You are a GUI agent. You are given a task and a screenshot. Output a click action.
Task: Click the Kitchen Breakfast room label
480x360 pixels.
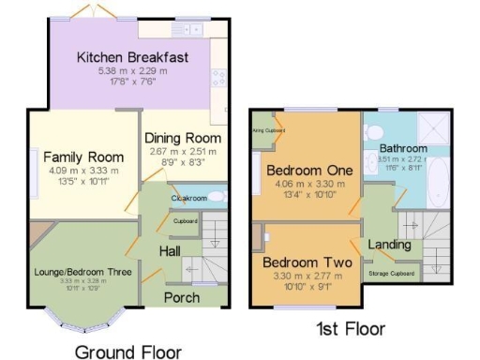(132, 58)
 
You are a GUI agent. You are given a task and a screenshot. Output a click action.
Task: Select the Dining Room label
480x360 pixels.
(183, 138)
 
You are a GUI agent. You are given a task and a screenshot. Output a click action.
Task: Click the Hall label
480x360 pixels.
(170, 251)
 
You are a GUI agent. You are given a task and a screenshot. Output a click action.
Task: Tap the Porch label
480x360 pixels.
(182, 297)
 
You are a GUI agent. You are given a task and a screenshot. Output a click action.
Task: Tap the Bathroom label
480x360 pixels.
(403, 149)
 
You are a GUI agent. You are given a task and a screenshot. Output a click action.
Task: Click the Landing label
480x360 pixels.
(388, 245)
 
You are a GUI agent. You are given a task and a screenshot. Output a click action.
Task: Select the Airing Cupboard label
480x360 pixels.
(268, 130)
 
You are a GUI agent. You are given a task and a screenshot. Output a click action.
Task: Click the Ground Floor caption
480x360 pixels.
(127, 351)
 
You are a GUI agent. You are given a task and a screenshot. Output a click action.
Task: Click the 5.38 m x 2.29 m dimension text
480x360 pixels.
(132, 71)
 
